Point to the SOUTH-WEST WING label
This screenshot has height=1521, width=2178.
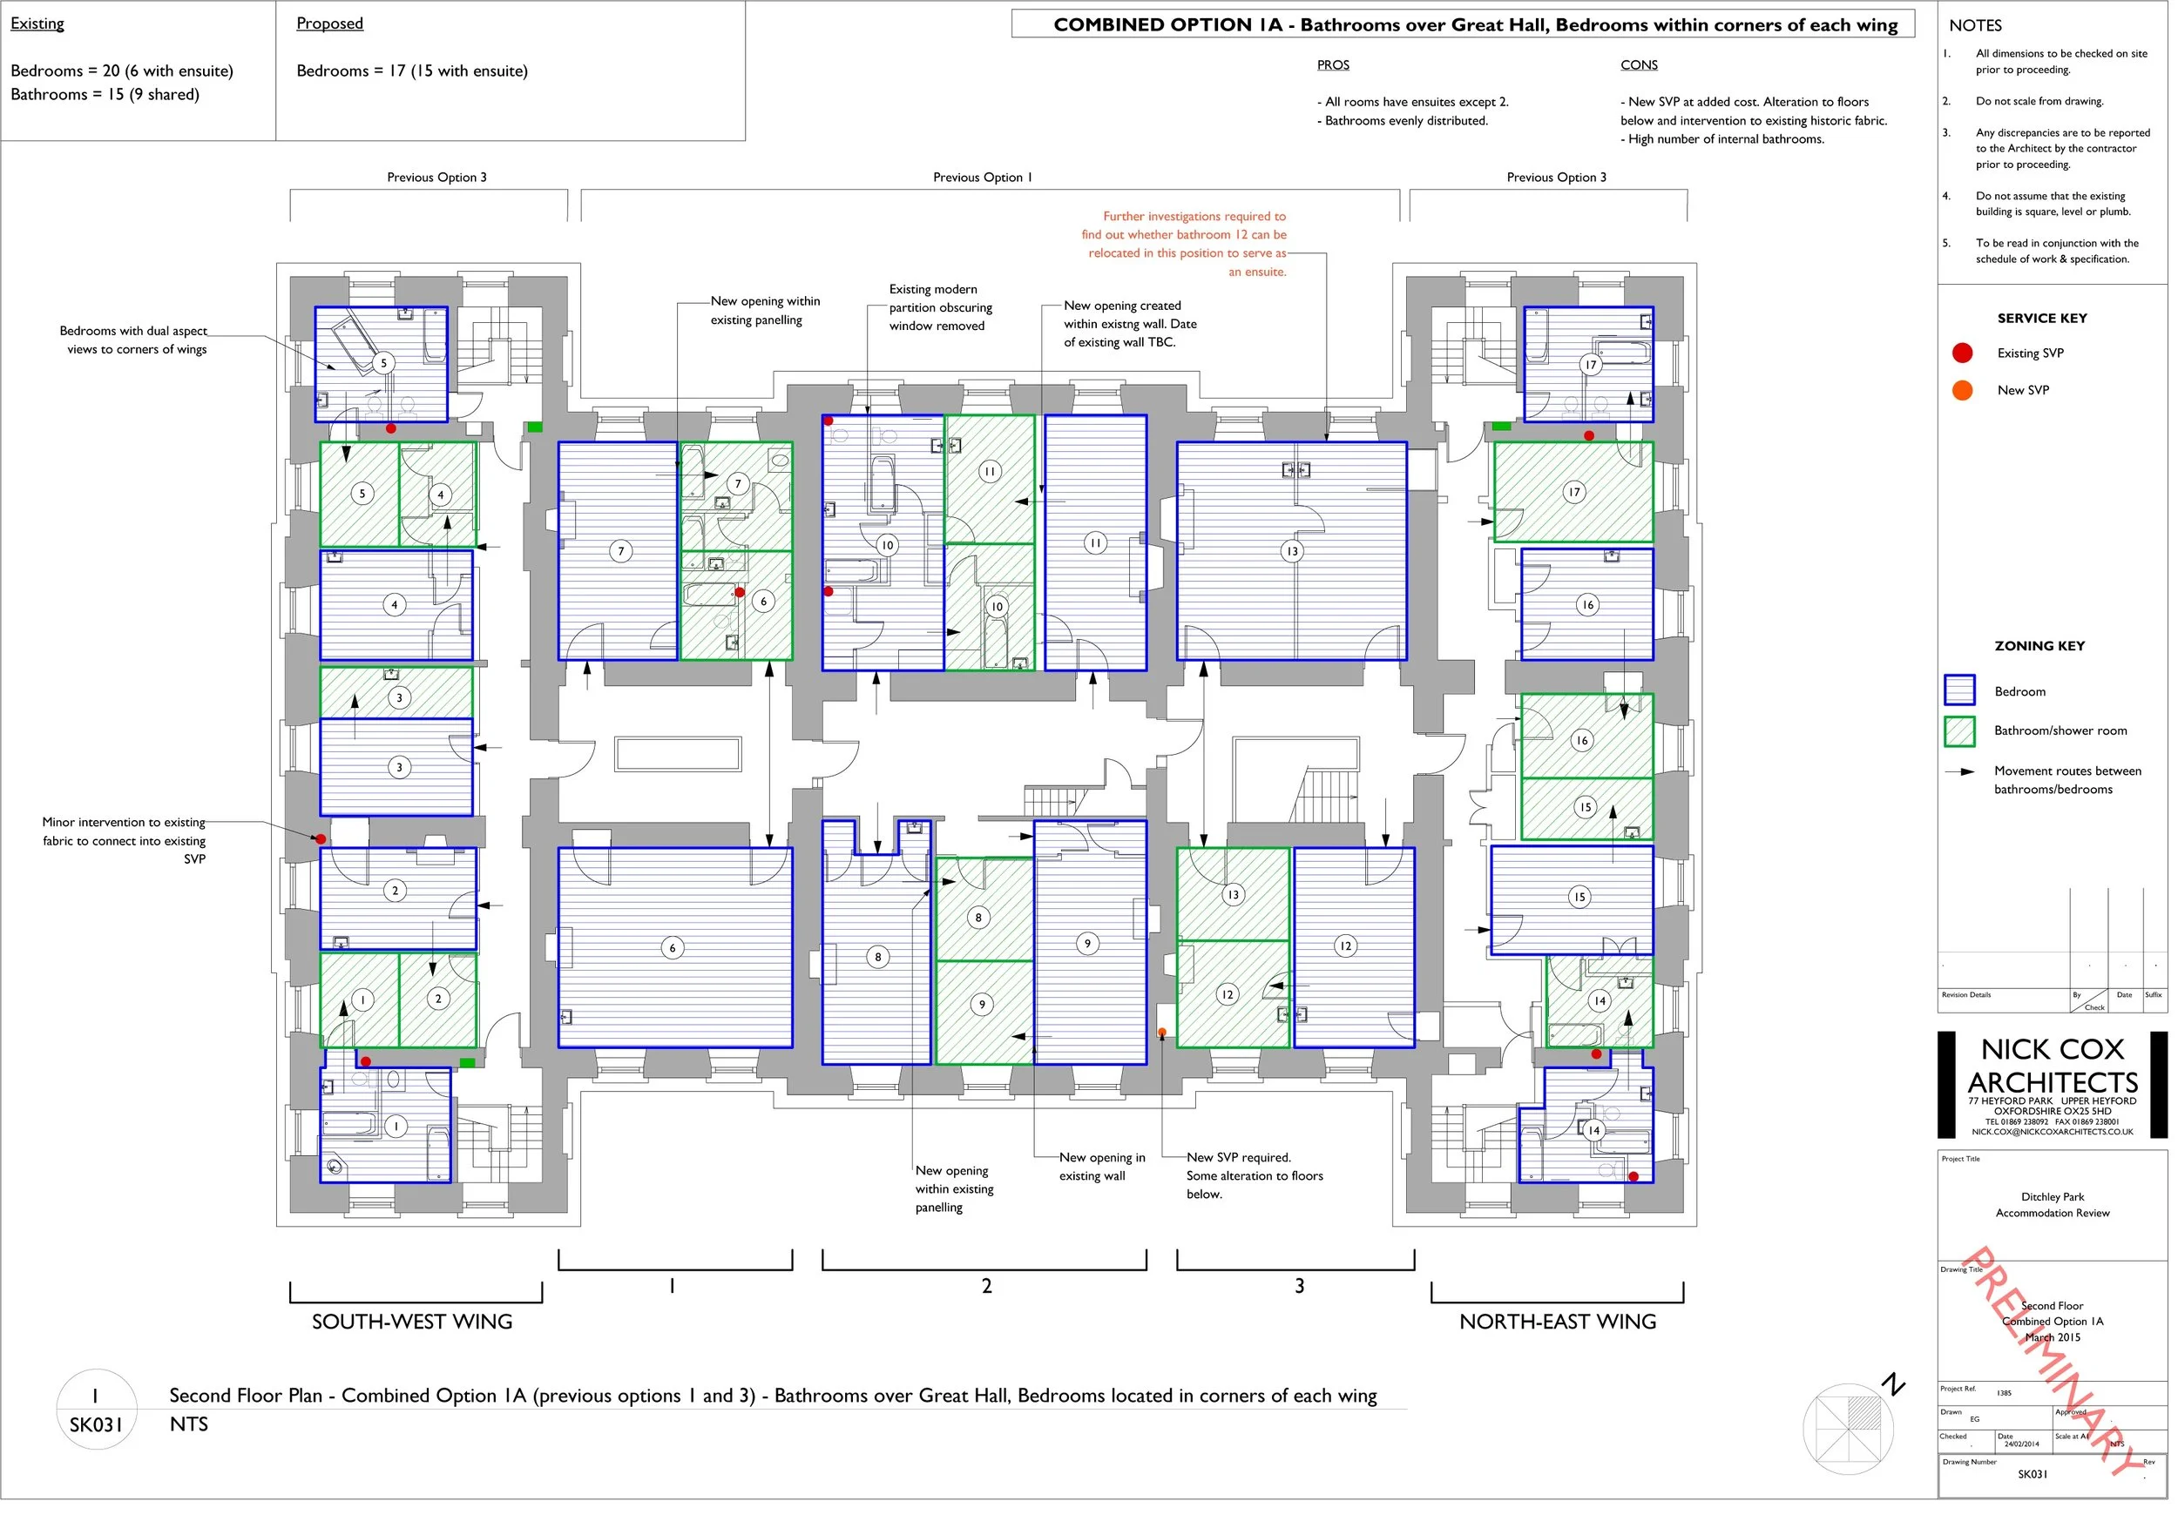click(x=414, y=1326)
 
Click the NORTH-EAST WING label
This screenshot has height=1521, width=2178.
click(x=1563, y=1326)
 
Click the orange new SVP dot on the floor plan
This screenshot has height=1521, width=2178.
click(x=1167, y=1035)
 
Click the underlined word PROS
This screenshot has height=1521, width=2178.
click(x=1337, y=65)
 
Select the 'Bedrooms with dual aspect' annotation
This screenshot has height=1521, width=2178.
click(x=135, y=341)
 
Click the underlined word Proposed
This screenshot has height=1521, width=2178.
click(x=330, y=24)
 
